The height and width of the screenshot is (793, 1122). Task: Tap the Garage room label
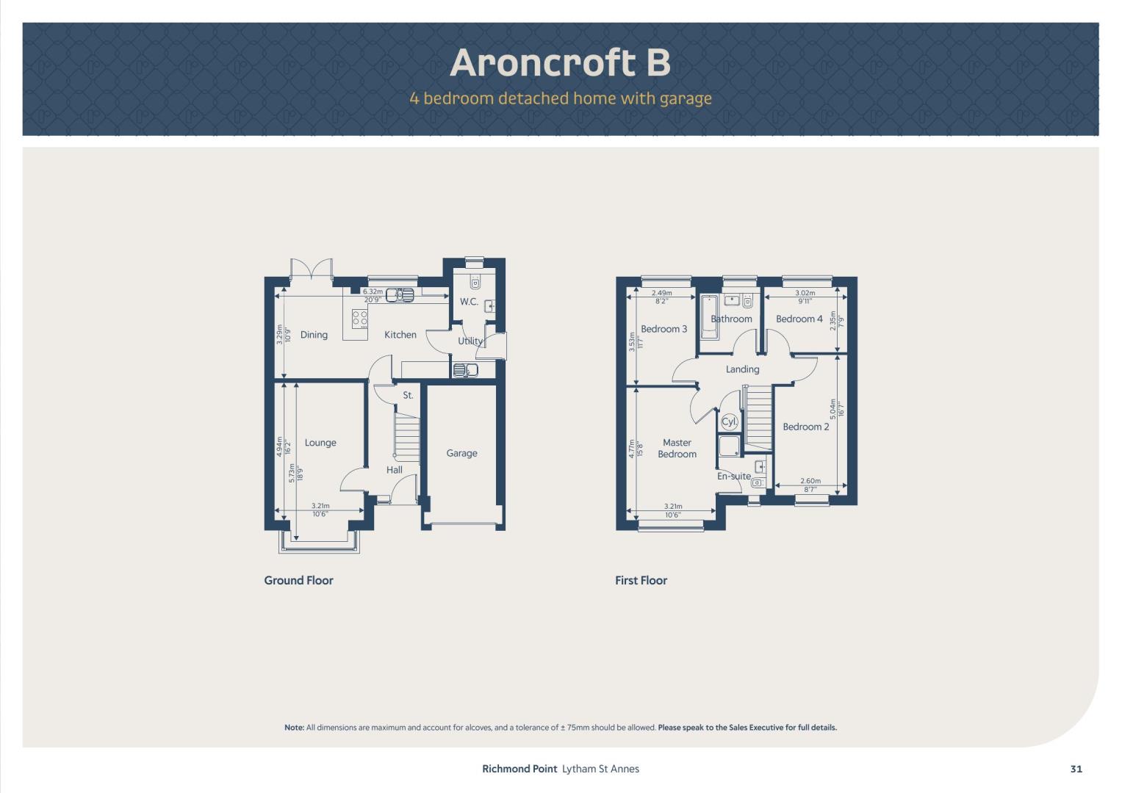[x=461, y=453]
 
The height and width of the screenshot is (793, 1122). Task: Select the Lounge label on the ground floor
[x=320, y=443]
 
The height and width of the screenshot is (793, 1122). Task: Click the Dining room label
[x=314, y=335]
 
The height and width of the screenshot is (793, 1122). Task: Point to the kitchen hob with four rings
[x=359, y=319]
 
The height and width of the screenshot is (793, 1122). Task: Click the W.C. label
[x=469, y=301]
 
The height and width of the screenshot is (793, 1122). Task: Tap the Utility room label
[x=470, y=341]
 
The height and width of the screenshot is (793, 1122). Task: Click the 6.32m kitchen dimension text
[x=373, y=292]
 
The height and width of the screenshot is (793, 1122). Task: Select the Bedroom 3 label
[x=664, y=329]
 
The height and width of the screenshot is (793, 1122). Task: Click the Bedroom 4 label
[x=799, y=319]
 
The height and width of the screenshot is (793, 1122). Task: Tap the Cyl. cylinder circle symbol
[x=729, y=421]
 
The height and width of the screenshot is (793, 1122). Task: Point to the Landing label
[x=742, y=369]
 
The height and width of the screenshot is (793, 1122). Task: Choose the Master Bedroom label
[x=677, y=448]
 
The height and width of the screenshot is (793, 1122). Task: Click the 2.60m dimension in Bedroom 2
[x=810, y=481]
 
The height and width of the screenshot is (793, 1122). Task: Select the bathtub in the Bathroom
[x=709, y=317]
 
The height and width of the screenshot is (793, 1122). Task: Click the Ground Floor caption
[x=298, y=580]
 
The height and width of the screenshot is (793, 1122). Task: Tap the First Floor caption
[x=641, y=580]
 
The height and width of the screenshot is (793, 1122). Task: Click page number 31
[x=1076, y=769]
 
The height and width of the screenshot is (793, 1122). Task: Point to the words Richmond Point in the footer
[x=519, y=769]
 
